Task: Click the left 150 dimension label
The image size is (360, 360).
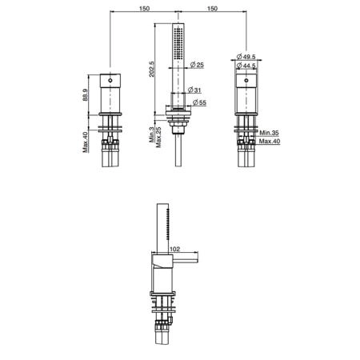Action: point(144,8)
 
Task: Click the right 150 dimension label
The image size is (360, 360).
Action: point(212,8)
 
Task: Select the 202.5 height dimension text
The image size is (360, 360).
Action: point(151,69)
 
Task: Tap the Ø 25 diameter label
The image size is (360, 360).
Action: point(197,65)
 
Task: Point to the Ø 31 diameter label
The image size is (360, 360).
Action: point(194,90)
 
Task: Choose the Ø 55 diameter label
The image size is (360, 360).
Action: point(199,102)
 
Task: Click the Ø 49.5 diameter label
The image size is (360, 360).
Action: point(246,57)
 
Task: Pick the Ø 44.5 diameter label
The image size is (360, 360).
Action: point(246,66)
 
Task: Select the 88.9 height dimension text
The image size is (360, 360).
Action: point(85,94)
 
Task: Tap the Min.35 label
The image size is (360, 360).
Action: point(269,133)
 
